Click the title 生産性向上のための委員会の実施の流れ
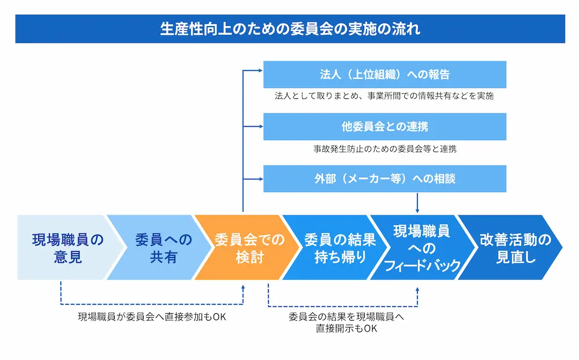pyautogui.click(x=289, y=28)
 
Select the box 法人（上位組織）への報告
pyautogui.click(x=384, y=75)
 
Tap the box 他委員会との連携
pyautogui.click(x=384, y=127)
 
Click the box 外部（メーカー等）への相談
pyautogui.click(x=384, y=179)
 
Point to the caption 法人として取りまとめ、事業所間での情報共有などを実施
pyautogui.click(x=384, y=96)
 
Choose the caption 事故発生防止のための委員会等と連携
pyautogui.click(x=384, y=148)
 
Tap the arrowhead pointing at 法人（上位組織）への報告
pyautogui.click(x=260, y=71)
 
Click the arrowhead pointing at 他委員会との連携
pyautogui.click(x=260, y=126)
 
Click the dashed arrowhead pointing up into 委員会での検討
pyautogui.click(x=243, y=286)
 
